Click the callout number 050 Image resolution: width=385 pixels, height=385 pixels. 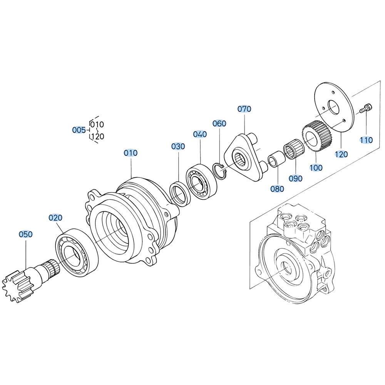pyautogui.click(x=25, y=234)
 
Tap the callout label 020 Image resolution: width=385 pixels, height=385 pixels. pyautogui.click(x=55, y=218)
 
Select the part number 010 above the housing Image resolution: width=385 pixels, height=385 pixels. pyautogui.click(x=131, y=153)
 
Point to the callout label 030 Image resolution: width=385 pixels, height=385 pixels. pyautogui.click(x=178, y=146)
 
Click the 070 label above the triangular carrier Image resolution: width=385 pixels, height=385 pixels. pyautogui.click(x=244, y=109)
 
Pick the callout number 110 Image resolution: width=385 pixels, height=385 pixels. pyautogui.click(x=367, y=140)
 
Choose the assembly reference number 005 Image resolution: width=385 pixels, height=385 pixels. pyautogui.click(x=79, y=130)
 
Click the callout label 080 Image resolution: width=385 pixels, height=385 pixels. pyautogui.click(x=277, y=189)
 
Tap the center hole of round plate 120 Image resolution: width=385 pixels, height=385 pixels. pyautogui.click(x=333, y=108)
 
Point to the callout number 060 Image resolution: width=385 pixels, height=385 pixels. pyautogui.click(x=219, y=123)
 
